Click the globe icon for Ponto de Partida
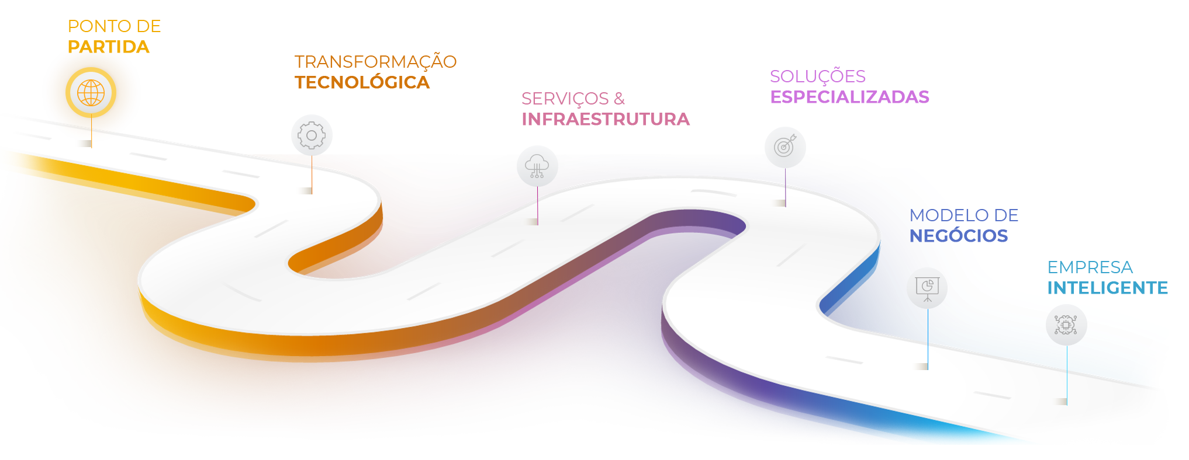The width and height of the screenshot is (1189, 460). coord(91,93)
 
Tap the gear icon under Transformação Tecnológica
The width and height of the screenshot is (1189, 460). coord(312,135)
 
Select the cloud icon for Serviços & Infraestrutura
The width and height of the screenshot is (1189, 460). coord(537,166)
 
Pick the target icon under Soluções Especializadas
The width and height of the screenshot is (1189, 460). coord(785,147)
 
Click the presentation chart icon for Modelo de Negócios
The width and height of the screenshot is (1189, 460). coord(927,288)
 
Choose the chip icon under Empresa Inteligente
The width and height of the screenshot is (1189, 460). coord(1066,325)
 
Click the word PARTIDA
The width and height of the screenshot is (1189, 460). coord(109,47)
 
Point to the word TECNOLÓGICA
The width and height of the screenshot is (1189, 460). coord(362,82)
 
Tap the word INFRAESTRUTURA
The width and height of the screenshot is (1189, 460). coord(606,119)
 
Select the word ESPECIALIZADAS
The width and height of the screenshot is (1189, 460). coord(849,97)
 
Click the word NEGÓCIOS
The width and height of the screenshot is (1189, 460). coord(959,236)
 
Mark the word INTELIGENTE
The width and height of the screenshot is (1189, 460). coord(1108,288)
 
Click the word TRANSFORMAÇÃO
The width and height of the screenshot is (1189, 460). coord(376,61)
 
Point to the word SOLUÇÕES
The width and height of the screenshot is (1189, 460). coord(818,76)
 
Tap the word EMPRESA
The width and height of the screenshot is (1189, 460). coord(1090,267)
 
